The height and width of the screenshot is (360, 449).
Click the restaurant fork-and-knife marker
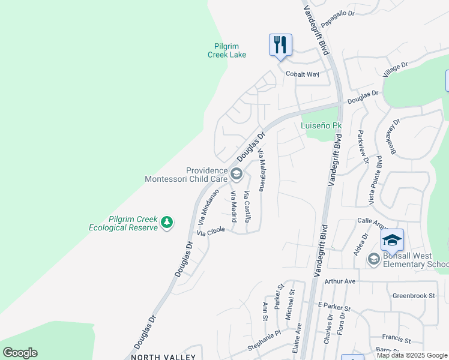(x=280, y=45)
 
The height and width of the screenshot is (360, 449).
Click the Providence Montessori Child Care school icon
(x=237, y=175)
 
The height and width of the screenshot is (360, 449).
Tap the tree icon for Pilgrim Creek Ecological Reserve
(x=167, y=223)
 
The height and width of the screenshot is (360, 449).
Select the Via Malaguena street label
(x=262, y=171)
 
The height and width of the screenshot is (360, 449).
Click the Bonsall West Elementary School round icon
(x=374, y=258)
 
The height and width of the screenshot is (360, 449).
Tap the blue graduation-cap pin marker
(x=392, y=240)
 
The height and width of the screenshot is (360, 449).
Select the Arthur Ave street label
(x=340, y=281)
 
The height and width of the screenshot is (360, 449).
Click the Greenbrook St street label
(x=413, y=295)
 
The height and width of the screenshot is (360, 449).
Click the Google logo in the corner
(x=20, y=353)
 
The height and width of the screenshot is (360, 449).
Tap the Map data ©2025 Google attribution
(x=412, y=355)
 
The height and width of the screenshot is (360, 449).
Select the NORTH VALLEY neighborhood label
(x=156, y=356)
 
